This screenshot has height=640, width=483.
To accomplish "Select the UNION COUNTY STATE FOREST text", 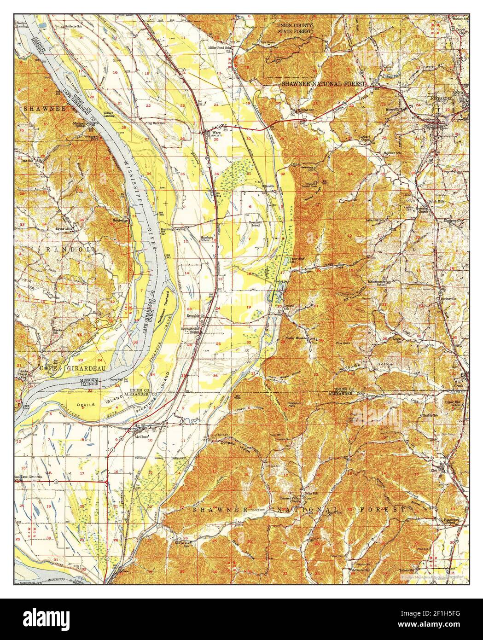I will coord(295,28).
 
